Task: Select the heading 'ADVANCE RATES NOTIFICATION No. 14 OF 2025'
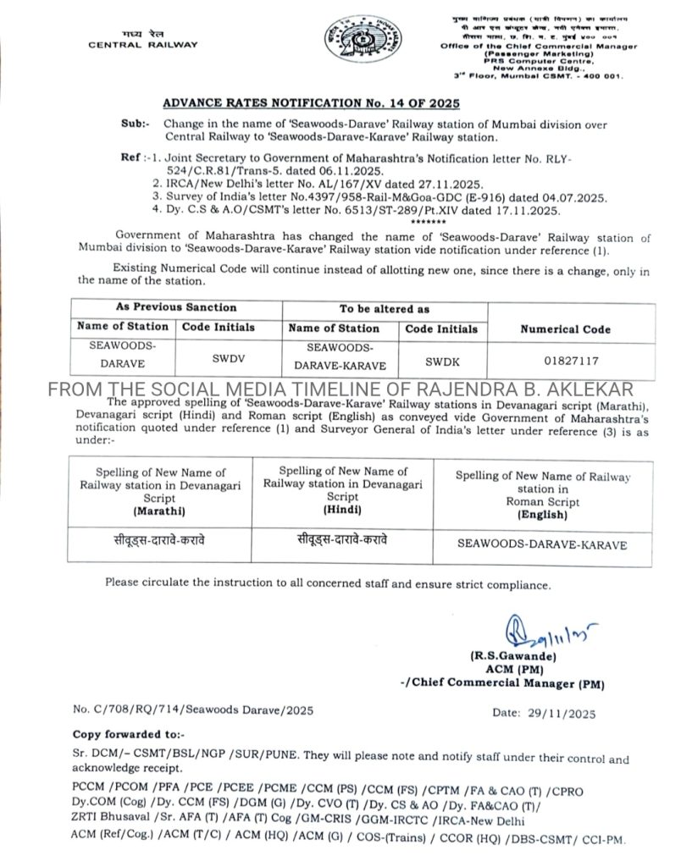click(x=310, y=103)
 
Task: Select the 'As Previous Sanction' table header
click(x=176, y=307)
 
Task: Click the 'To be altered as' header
click(x=385, y=309)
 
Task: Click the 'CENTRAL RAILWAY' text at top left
click(x=142, y=45)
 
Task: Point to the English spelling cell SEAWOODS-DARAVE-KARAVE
click(x=542, y=544)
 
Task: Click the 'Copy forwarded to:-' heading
click(x=128, y=734)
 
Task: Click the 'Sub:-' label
click(x=135, y=124)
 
